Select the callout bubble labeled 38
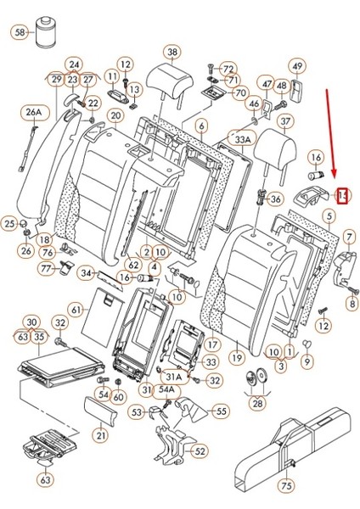point(172,53)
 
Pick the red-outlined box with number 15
point(342,197)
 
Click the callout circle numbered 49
point(296,66)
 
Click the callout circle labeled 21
point(102,436)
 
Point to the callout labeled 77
point(48,268)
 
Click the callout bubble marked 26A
point(33,112)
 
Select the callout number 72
point(228,68)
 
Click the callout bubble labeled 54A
point(167,389)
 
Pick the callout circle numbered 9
point(307,360)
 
